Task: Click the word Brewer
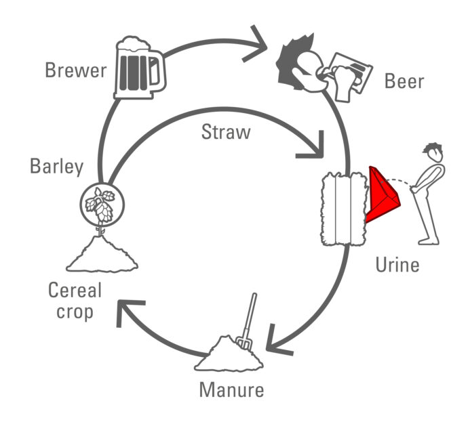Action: click(x=76, y=70)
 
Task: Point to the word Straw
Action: click(x=226, y=132)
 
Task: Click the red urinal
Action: click(x=382, y=196)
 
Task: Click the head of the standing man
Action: click(x=432, y=152)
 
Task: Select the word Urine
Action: click(x=397, y=264)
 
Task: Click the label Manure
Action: click(x=231, y=390)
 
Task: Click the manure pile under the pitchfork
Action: click(x=229, y=355)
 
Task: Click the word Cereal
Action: click(x=75, y=291)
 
